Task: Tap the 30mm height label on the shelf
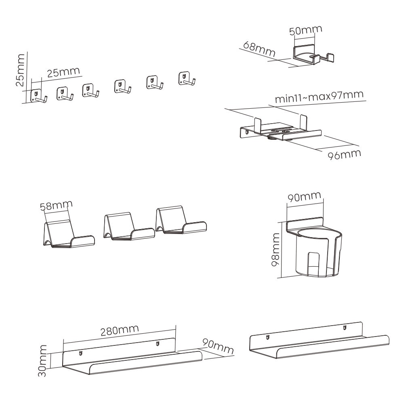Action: tap(43, 360)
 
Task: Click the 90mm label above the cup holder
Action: tap(304, 198)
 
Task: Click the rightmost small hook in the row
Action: tap(186, 78)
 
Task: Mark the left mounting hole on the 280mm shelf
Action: tap(80, 354)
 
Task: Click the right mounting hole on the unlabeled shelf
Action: tap(345, 328)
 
